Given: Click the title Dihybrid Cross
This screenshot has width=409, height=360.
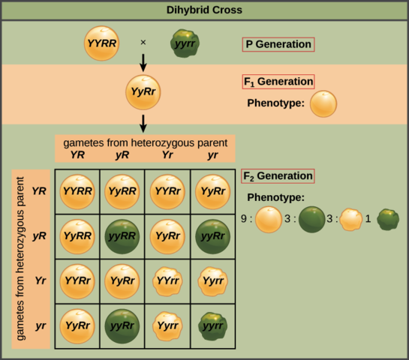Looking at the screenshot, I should (204, 10).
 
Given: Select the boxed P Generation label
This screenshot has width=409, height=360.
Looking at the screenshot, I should (278, 44).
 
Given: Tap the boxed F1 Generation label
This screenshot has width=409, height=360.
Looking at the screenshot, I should (278, 82).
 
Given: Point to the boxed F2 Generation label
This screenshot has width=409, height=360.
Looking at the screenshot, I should (278, 177).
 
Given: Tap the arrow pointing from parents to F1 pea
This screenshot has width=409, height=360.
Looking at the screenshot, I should (142, 62).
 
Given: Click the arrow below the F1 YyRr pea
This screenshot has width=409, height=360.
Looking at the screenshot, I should (142, 122).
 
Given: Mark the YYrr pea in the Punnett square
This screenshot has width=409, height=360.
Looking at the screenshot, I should (164, 282).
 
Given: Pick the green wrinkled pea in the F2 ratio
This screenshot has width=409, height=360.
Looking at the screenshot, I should (387, 220).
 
